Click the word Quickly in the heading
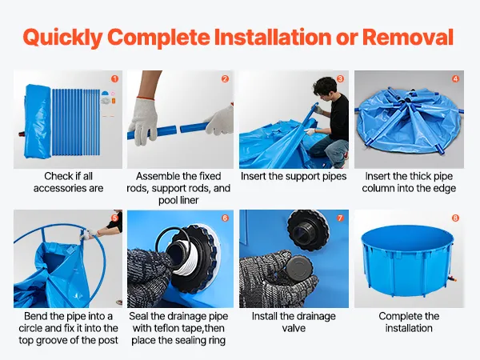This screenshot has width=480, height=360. point(62,38)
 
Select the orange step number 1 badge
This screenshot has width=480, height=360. point(114,78)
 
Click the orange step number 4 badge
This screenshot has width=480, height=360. point(455,78)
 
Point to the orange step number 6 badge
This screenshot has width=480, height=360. point(225,218)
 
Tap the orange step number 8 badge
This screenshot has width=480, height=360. point(455,218)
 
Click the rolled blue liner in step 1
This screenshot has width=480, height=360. point(38,122)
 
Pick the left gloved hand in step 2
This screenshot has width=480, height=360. point(143,119)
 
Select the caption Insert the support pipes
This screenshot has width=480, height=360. point(294,176)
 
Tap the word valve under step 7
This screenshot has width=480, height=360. point(294,328)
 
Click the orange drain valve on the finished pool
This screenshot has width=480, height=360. point(453,279)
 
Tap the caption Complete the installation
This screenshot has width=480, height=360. point(409,322)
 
